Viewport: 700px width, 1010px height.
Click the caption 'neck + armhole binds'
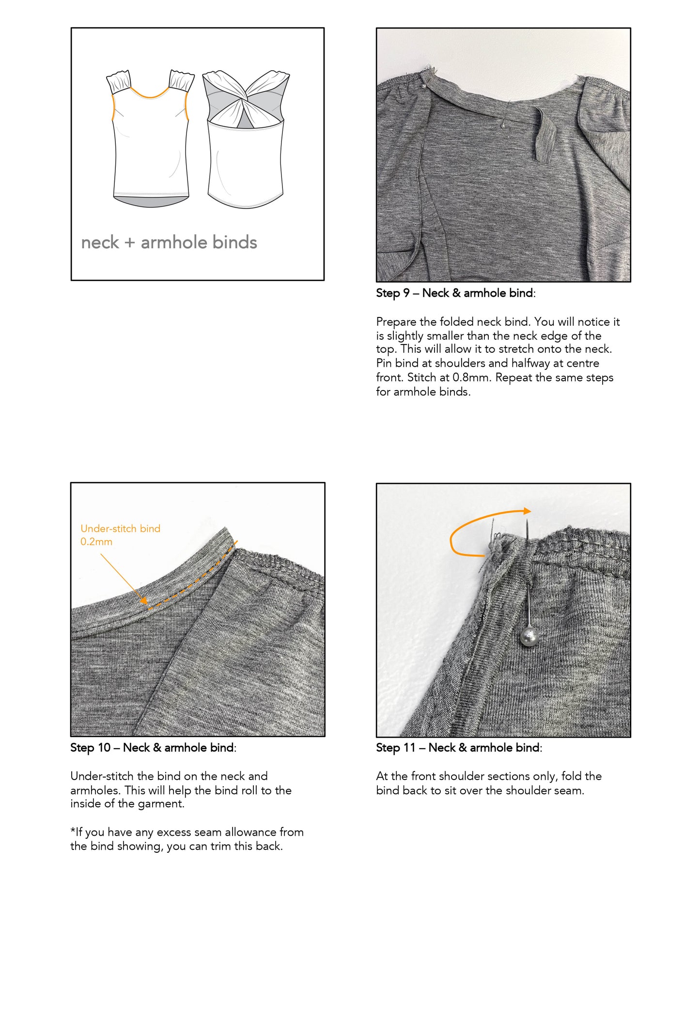click(169, 242)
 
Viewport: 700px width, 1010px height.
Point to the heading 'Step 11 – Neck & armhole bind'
click(458, 748)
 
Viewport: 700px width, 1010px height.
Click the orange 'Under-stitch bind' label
click(120, 528)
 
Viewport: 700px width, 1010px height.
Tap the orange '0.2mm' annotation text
click(96, 542)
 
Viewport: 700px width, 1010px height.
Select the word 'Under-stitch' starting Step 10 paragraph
click(102, 776)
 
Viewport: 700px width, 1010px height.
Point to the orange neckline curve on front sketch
click(150, 96)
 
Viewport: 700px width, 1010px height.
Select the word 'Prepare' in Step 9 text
click(395, 322)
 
